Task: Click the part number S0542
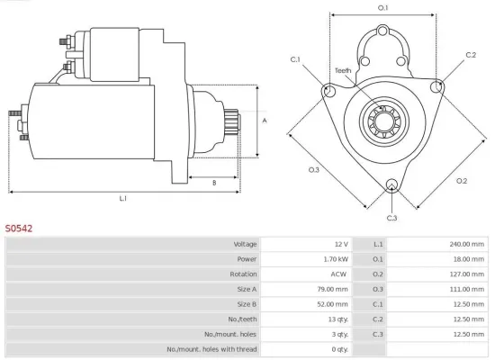[19, 229]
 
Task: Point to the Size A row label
[246, 289]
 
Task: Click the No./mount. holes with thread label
[211, 348]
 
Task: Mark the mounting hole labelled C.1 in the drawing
[328, 91]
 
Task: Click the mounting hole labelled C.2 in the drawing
[436, 86]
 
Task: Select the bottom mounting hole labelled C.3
[391, 185]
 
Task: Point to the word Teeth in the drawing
[343, 70]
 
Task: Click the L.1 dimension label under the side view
[122, 198]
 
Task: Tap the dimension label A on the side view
[264, 119]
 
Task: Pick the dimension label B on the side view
[214, 183]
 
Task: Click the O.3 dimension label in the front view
[313, 169]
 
